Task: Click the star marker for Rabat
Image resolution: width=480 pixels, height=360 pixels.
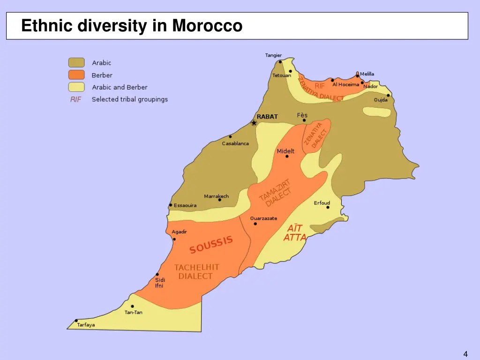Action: [x=254, y=123]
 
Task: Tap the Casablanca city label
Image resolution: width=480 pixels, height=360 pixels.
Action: [x=235, y=143]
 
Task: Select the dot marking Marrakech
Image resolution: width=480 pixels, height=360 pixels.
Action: [x=219, y=200]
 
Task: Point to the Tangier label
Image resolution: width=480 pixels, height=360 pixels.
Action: [x=273, y=55]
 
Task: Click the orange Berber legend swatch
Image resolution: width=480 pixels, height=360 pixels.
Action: [x=76, y=75]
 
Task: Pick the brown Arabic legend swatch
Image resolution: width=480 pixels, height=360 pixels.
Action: [x=76, y=63]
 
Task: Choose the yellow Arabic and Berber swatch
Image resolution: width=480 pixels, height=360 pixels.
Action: [x=76, y=87]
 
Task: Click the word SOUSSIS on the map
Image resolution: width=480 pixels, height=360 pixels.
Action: [x=211, y=244]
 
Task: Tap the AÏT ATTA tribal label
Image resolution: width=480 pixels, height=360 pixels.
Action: [x=294, y=233]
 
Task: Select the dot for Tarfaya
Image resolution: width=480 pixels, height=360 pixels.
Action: [x=76, y=321]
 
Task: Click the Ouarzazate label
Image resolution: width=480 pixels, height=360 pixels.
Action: [x=263, y=218]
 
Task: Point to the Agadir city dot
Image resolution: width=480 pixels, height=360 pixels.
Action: [x=174, y=239]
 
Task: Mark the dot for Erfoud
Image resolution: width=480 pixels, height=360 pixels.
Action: [x=328, y=207]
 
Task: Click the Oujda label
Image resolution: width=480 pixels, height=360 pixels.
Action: [x=381, y=100]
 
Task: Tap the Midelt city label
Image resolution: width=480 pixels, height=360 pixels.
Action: [x=285, y=151]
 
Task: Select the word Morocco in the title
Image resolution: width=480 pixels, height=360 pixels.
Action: [x=207, y=25]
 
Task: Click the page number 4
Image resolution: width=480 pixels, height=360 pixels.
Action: [x=465, y=354]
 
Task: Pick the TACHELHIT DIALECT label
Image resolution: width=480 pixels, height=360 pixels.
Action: [x=196, y=271]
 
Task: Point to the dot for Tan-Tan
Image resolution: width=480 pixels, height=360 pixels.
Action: [x=132, y=307]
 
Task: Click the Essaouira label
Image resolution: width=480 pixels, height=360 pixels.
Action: [x=185, y=205]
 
